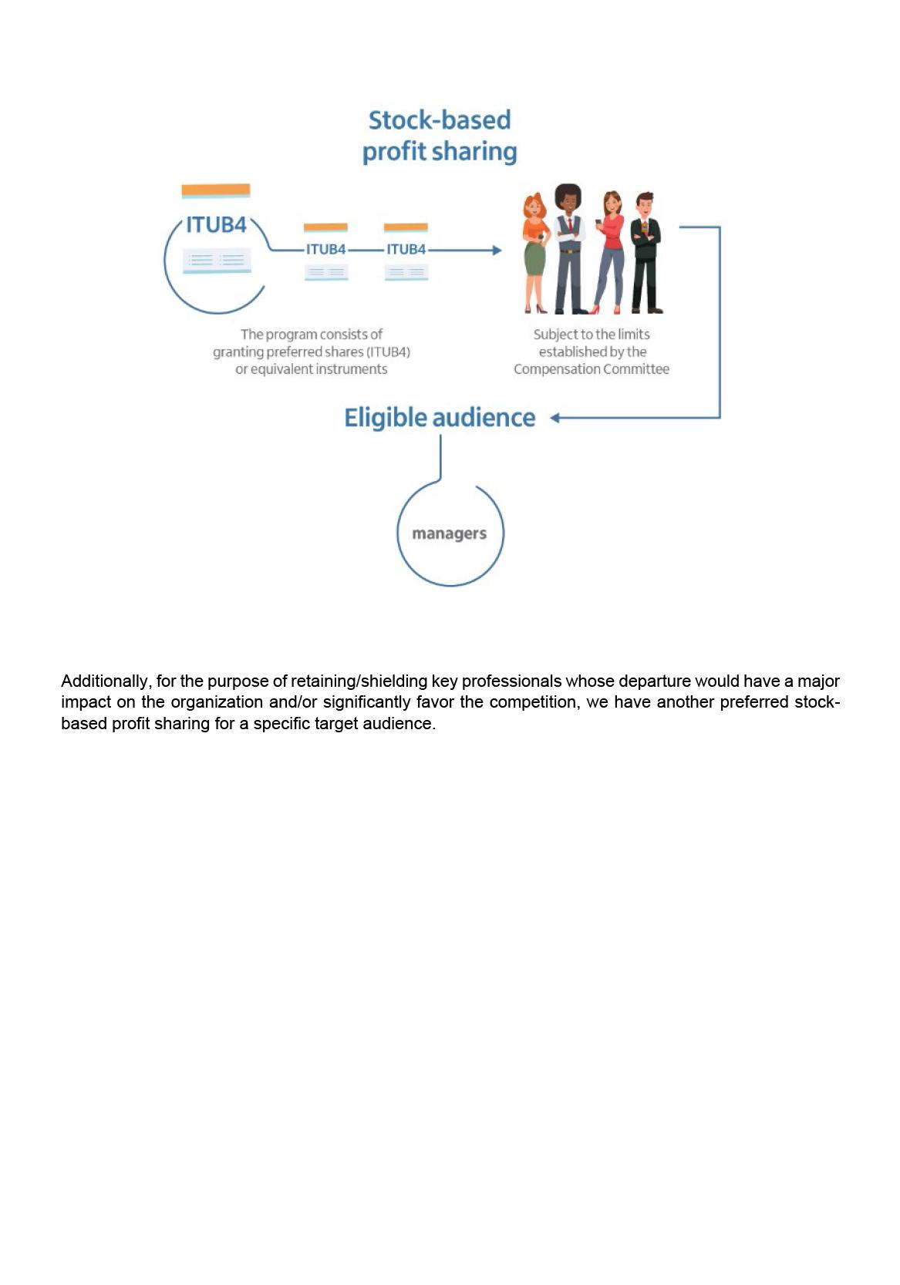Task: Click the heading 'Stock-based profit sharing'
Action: click(440, 136)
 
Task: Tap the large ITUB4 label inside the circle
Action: click(217, 225)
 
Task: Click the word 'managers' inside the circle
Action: click(450, 533)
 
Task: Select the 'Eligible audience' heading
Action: click(440, 418)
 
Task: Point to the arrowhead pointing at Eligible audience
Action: click(554, 418)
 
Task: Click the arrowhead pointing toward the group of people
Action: click(497, 250)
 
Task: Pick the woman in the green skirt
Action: click(536, 253)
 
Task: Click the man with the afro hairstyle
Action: click(569, 248)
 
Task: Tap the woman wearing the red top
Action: click(609, 252)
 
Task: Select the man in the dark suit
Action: click(646, 252)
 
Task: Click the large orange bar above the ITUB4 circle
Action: click(216, 190)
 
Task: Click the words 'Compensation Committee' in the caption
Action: click(592, 369)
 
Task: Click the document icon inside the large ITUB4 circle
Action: click(217, 261)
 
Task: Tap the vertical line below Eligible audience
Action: click(440, 456)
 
